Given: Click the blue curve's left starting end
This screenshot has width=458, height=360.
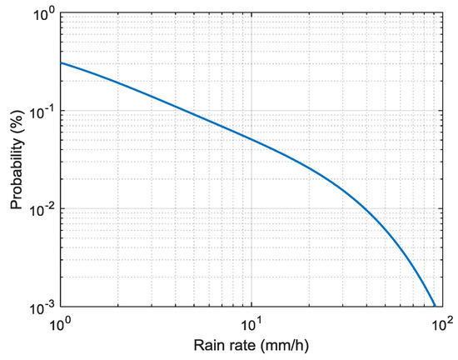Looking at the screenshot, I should point(60,63).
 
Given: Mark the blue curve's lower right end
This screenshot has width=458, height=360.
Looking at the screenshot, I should point(435,307).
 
